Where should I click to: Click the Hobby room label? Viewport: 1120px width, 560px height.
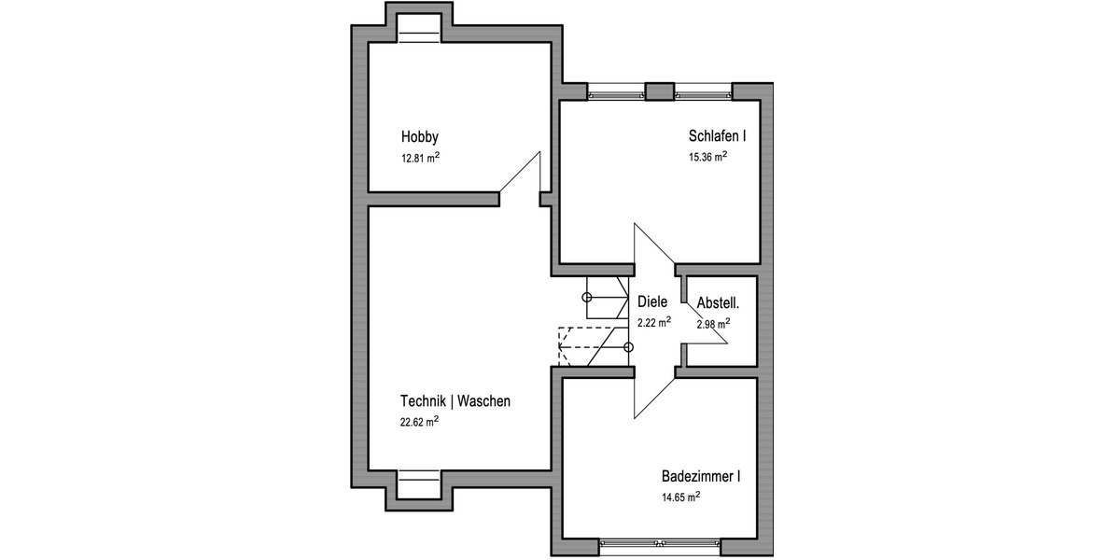tap(419, 135)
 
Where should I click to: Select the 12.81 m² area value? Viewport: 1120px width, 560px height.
tap(420, 158)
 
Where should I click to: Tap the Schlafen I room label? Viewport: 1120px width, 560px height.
tap(717, 135)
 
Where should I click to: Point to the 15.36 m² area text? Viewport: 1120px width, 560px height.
tap(707, 158)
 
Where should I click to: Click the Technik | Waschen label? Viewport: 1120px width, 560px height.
tap(455, 401)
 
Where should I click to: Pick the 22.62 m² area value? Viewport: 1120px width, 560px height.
tap(419, 422)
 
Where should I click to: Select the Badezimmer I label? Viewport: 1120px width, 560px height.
tap(700, 477)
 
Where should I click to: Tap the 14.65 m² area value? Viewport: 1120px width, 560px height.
tap(680, 498)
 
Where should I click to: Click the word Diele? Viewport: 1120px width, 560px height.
tap(653, 302)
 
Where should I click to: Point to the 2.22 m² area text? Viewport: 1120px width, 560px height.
tap(653, 323)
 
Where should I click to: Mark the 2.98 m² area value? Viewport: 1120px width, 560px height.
tap(713, 324)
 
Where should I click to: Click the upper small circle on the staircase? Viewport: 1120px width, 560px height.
tap(587, 298)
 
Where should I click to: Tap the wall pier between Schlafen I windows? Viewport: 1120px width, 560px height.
tap(660, 91)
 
